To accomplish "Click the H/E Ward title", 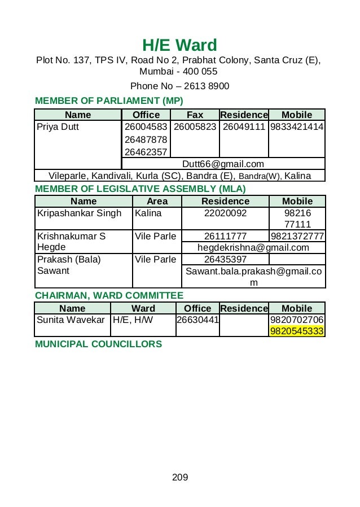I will point(179,45).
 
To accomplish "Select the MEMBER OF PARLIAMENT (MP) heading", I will point(109,101).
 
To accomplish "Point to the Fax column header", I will point(195,115).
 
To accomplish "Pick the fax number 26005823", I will point(195,127).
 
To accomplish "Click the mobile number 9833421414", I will point(297,127).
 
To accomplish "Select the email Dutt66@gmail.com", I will point(223,164).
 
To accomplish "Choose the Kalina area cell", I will point(148,213).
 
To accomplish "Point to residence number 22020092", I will point(226,213).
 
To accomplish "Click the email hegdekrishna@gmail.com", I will point(253,247).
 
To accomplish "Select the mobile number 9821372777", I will point(297,236).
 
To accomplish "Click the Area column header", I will point(157,201).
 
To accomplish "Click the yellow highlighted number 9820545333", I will point(297,331).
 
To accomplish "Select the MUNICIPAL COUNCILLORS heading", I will point(98,344).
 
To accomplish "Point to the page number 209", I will point(179,478).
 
